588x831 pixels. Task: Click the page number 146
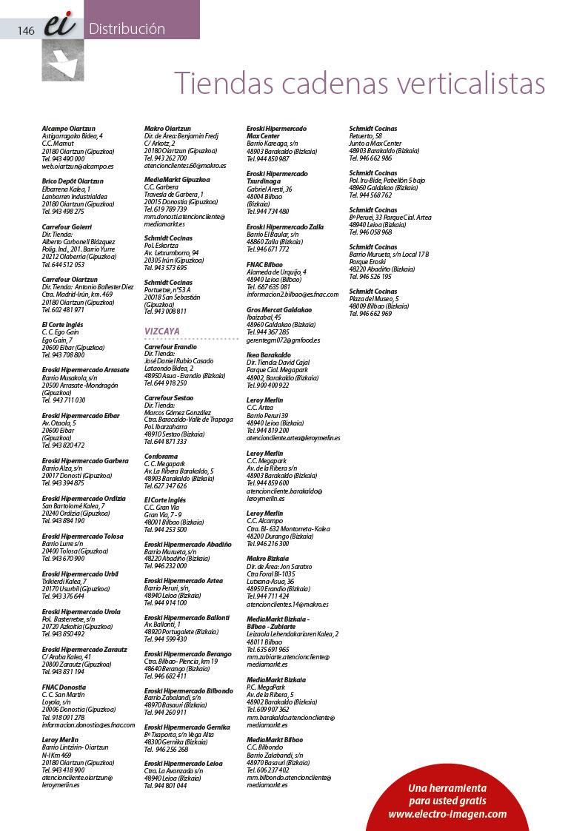click(27, 30)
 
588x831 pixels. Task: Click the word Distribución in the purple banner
click(127, 30)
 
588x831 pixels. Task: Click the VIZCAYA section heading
click(162, 332)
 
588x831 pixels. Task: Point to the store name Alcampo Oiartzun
click(69, 129)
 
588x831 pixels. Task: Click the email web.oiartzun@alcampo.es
click(78, 167)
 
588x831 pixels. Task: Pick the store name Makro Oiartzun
click(167, 129)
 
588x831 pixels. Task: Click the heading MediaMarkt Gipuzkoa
click(177, 179)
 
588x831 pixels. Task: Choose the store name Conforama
click(161, 457)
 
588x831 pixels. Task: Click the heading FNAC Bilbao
click(266, 264)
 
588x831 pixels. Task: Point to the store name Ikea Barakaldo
click(270, 354)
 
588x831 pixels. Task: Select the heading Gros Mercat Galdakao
click(279, 309)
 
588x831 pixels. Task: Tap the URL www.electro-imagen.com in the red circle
click(447, 815)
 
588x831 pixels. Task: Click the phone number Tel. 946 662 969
click(370, 314)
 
